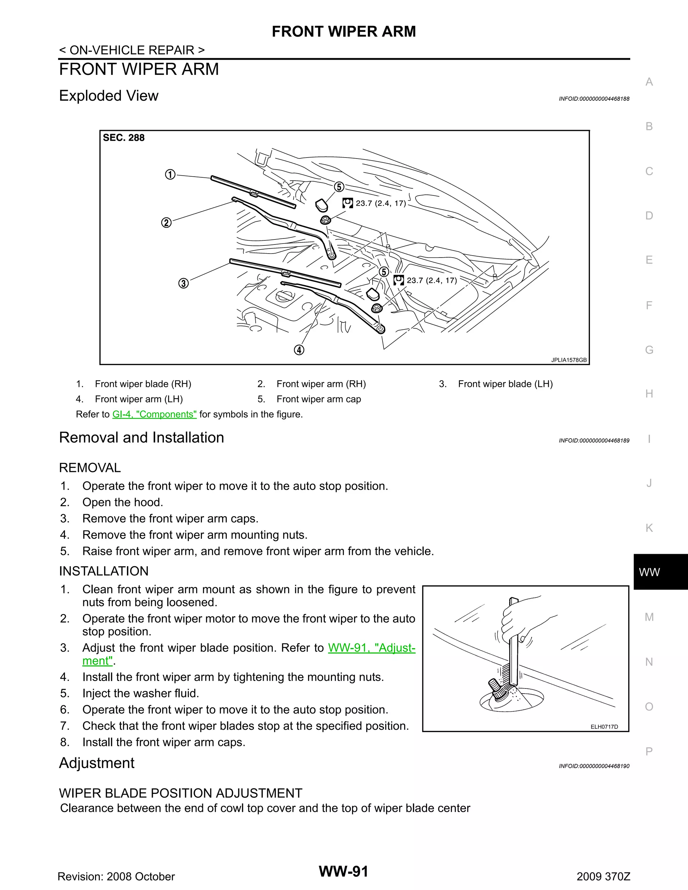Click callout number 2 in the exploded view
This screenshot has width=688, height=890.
click(166, 223)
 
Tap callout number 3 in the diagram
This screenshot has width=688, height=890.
click(183, 283)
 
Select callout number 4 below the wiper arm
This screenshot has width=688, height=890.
click(299, 350)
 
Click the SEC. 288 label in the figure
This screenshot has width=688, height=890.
click(124, 138)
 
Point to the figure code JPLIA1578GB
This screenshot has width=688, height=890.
click(569, 360)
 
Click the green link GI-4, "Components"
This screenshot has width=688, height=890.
click(155, 414)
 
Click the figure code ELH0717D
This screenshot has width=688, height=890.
click(604, 726)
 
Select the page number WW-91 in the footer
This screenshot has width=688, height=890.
click(344, 871)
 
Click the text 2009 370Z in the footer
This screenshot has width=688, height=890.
click(603, 876)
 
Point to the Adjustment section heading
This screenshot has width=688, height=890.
click(97, 763)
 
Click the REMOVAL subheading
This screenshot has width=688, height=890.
click(90, 468)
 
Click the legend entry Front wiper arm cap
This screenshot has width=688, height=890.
click(318, 399)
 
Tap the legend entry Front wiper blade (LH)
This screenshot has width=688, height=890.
click(505, 384)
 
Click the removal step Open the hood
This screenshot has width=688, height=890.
click(122, 502)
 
